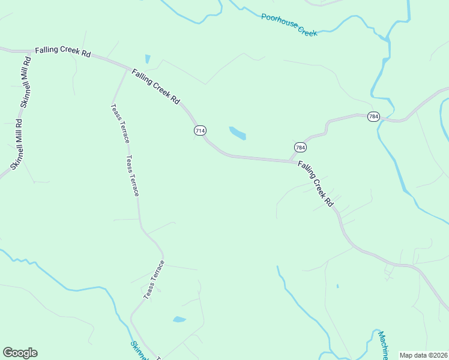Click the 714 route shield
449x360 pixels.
pyautogui.click(x=200, y=130)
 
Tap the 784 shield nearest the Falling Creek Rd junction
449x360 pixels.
pyautogui.click(x=300, y=147)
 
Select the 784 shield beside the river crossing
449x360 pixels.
pyautogui.click(x=373, y=116)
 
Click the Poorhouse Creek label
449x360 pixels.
pyautogui.click(x=289, y=25)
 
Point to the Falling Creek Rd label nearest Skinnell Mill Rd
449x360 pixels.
pyautogui.click(x=62, y=52)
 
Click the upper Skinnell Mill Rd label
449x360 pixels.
pyautogui.click(x=26, y=81)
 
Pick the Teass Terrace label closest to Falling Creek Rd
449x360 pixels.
pyautogui.click(x=119, y=123)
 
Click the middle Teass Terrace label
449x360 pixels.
pyautogui.click(x=133, y=176)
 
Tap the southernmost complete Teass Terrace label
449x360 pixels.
pyautogui.click(x=154, y=280)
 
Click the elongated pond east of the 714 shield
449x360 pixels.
pyautogui.click(x=238, y=133)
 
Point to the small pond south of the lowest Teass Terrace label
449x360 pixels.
pyautogui.click(x=179, y=319)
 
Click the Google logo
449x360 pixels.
pyautogui.click(x=20, y=353)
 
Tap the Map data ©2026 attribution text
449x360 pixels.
pyautogui.click(x=423, y=355)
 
